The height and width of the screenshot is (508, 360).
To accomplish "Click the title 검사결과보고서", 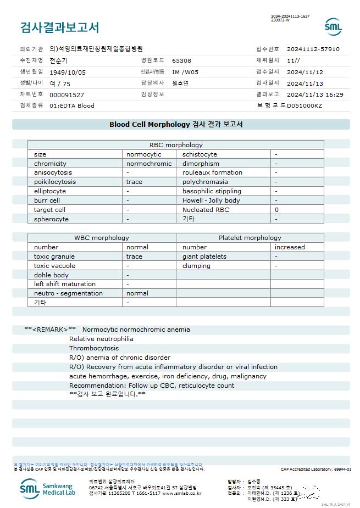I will click(x=59, y=27).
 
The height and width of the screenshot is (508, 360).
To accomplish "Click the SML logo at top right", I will click(x=333, y=26).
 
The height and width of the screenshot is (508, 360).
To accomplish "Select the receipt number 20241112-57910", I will click(x=313, y=49).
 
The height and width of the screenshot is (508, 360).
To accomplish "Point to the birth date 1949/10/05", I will click(x=68, y=72).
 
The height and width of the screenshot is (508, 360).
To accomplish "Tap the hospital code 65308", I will click(x=181, y=60).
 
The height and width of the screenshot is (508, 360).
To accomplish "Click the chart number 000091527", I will click(x=67, y=95).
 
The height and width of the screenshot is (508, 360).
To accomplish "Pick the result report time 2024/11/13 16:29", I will click(x=315, y=94).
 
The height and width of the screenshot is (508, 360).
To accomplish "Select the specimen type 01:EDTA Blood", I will click(x=72, y=105).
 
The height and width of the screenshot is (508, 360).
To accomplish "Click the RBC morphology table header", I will click(x=176, y=145).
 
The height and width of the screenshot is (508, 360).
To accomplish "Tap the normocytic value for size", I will click(x=144, y=154).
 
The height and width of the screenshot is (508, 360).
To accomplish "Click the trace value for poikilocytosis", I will click(x=134, y=182).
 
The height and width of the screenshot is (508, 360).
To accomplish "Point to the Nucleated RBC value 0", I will click(x=276, y=209).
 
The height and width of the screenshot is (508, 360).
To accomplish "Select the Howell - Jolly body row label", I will click(x=211, y=200).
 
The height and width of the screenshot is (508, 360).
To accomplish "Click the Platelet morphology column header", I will click(x=250, y=238).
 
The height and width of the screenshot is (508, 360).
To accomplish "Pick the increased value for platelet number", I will click(x=290, y=247).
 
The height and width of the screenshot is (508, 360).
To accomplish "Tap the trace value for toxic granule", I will click(x=134, y=256).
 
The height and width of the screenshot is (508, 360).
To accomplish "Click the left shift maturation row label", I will click(x=65, y=284).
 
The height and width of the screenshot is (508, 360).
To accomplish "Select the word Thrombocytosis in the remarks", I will click(x=94, y=348).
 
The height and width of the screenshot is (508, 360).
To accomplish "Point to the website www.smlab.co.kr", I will click(x=181, y=493).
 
